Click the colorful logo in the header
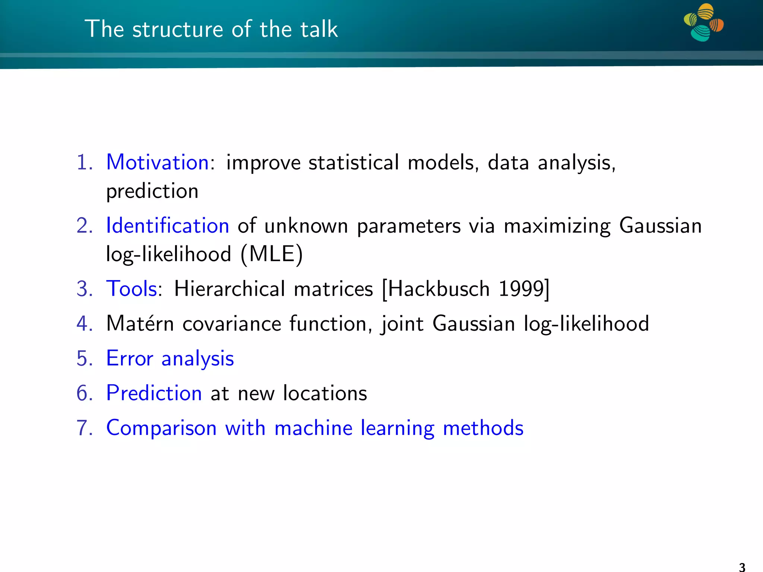point(703,22)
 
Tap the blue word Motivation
point(158,163)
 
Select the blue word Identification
point(167,226)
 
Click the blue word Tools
point(132,289)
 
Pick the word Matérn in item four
point(140,323)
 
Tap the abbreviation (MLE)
point(272,254)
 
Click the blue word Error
point(130,358)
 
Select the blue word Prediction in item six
point(154,393)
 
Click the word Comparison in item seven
point(161,428)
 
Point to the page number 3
point(742,567)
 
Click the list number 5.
point(84,358)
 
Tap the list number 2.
point(84,226)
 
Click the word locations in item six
point(325,393)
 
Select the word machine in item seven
point(313,428)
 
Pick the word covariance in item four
point(232,323)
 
